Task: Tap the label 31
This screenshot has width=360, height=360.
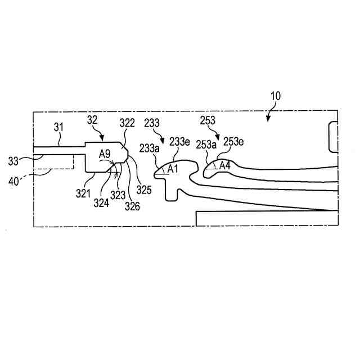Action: [59, 128]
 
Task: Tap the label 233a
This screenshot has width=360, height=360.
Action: [149, 148]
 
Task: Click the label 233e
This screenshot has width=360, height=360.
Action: [179, 142]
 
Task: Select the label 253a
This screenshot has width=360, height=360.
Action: [206, 144]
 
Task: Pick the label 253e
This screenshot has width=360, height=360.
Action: [233, 141]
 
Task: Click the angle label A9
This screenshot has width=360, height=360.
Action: [105, 153]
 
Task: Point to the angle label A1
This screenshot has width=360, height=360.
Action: [172, 169]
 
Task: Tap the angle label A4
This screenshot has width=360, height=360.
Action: [224, 165]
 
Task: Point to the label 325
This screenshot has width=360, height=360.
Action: [145, 190]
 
